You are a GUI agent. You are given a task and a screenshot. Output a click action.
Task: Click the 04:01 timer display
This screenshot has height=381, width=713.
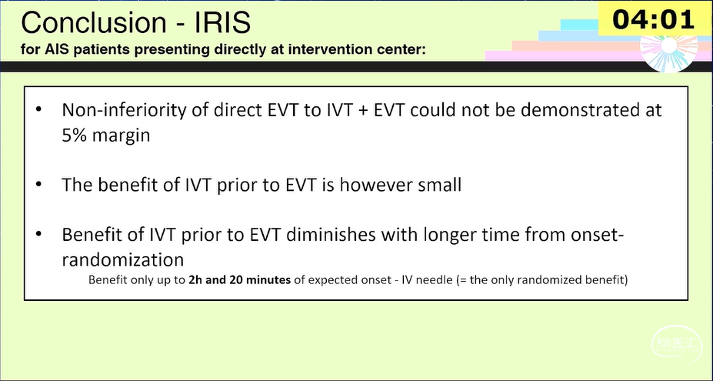click(x=653, y=19)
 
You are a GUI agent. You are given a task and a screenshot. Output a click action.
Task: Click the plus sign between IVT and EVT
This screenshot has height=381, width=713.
click(x=362, y=111)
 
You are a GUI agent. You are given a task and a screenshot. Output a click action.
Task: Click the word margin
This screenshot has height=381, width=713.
click(x=121, y=136)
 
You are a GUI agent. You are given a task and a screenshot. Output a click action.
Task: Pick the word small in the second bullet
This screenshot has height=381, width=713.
click(x=435, y=185)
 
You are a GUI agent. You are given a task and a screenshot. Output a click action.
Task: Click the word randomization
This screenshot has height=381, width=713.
click(x=123, y=260)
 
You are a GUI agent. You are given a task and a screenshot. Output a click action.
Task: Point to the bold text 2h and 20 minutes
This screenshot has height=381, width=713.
click(x=240, y=279)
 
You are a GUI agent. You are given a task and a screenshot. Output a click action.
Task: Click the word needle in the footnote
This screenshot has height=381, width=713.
click(x=438, y=279)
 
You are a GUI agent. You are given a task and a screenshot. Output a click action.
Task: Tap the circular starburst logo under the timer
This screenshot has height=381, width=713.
click(x=669, y=49)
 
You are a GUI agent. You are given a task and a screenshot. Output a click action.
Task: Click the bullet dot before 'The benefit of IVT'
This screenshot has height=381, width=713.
click(x=38, y=185)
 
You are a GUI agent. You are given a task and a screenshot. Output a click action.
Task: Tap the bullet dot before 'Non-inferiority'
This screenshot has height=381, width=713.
click(x=38, y=110)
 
